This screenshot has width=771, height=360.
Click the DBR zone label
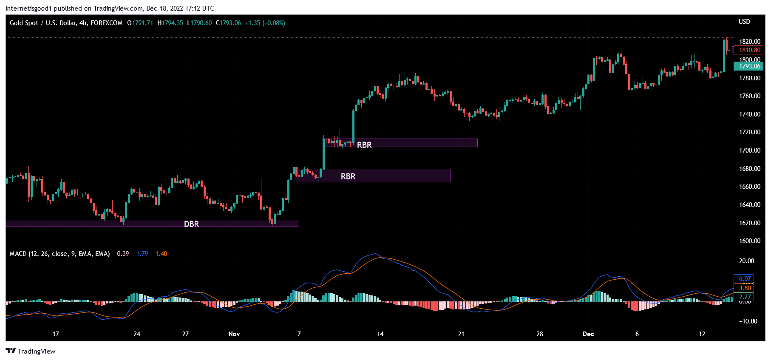point(191,224)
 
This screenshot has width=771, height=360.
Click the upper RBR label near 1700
point(364,145)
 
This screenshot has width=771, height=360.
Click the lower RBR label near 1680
point(348,176)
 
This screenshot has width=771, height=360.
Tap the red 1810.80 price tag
point(749,50)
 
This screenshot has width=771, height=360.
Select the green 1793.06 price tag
point(749,66)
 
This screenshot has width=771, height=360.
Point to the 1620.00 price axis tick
point(749,223)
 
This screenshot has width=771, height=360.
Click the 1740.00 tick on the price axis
point(749,114)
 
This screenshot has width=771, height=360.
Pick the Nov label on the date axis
point(234,334)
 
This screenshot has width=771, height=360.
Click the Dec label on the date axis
point(588,334)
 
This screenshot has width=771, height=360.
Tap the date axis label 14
point(380,334)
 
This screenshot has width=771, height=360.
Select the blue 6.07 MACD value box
point(744,279)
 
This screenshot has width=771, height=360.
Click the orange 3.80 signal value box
point(744,288)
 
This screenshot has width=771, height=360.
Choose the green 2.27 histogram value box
point(744,297)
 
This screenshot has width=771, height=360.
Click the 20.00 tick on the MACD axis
point(747,261)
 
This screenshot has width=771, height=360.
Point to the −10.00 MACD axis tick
point(748,321)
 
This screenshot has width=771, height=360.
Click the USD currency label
point(744,22)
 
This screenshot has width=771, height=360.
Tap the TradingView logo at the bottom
point(31,351)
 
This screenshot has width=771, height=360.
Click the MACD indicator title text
point(60,254)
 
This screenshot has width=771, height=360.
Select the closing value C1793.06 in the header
point(229,23)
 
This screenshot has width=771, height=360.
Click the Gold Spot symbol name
point(24,23)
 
